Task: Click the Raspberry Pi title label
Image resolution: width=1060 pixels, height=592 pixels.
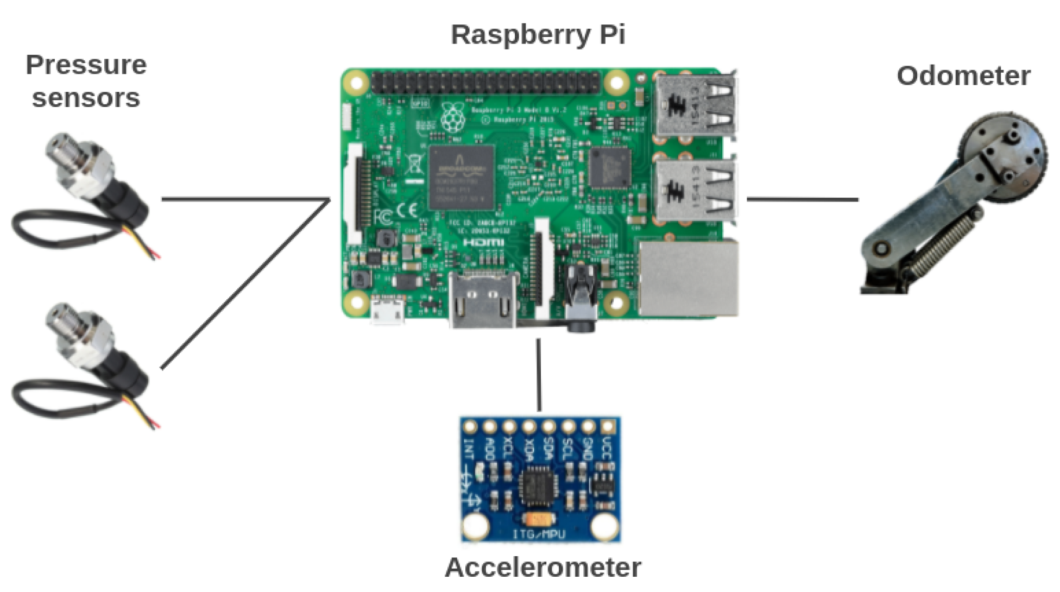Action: [538, 35]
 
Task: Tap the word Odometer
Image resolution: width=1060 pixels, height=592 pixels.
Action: [963, 76]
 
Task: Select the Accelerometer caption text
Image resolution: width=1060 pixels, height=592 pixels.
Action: [542, 567]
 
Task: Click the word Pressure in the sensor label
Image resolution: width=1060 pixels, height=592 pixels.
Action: [86, 65]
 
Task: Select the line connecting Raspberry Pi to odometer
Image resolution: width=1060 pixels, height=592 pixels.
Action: [802, 199]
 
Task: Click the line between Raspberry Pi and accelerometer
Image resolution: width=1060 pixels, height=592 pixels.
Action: [539, 375]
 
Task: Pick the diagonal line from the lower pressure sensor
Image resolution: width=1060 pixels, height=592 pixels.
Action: [244, 285]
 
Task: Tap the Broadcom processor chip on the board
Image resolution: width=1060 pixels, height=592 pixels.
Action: [462, 177]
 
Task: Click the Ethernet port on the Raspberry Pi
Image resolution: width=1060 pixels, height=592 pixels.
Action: [689, 278]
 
